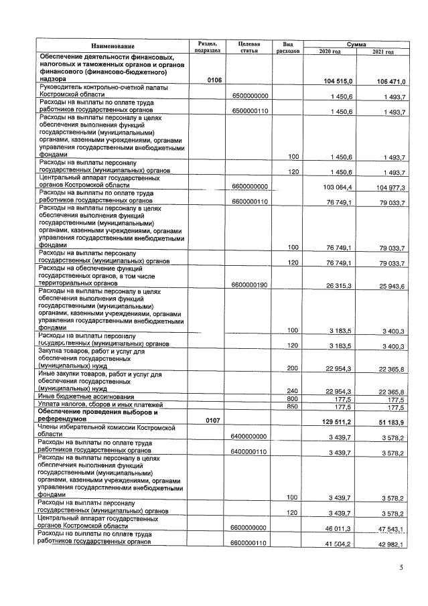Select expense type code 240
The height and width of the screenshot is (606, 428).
[292, 390]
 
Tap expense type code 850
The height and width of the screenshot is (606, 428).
[292, 405]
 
